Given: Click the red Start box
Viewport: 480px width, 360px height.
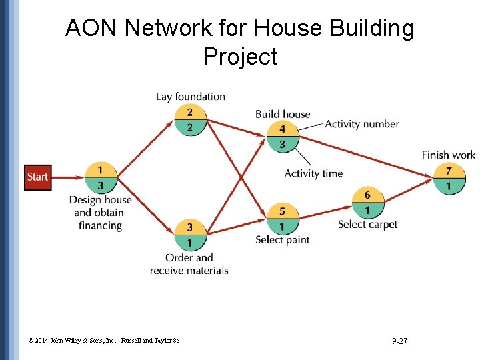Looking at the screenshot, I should pyautogui.click(x=37, y=177).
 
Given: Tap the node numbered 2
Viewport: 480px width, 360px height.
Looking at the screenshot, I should pyautogui.click(x=190, y=120).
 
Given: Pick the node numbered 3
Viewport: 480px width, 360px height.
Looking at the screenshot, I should pyautogui.click(x=190, y=235).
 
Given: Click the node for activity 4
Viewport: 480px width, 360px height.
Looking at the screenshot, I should pyautogui.click(x=283, y=137).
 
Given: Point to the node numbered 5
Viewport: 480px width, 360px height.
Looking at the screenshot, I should pyautogui.click(x=283, y=219).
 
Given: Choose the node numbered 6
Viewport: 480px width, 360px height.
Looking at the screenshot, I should pyautogui.click(x=367, y=203).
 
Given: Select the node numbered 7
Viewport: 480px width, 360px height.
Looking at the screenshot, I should pyautogui.click(x=449, y=178).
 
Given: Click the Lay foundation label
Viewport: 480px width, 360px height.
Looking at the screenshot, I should pyautogui.click(x=191, y=97).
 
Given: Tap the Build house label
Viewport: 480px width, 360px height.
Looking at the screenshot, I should pyautogui.click(x=283, y=114).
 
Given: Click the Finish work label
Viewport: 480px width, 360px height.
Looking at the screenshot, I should pyautogui.click(x=449, y=155).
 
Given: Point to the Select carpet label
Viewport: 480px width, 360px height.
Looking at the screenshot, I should pyautogui.click(x=367, y=225).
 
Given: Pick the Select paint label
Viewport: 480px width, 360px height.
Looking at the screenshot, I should pyautogui.click(x=283, y=240).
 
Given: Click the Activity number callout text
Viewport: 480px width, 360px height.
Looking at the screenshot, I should pyautogui.click(x=362, y=124).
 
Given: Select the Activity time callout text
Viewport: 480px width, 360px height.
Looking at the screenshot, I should pyautogui.click(x=313, y=173).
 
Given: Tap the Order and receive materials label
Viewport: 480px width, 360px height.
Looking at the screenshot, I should pyautogui.click(x=189, y=264).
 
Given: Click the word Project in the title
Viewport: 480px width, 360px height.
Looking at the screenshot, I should pyautogui.click(x=240, y=56).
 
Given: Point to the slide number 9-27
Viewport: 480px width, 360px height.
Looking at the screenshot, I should pyautogui.click(x=400, y=341).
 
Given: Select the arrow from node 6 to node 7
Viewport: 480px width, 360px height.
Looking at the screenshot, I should pyautogui.click(x=408, y=188).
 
